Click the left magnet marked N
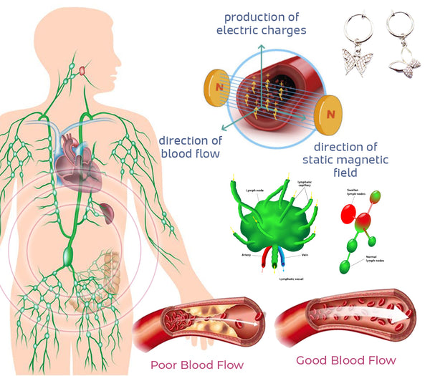point(217,85)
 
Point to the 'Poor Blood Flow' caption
point(197,365)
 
